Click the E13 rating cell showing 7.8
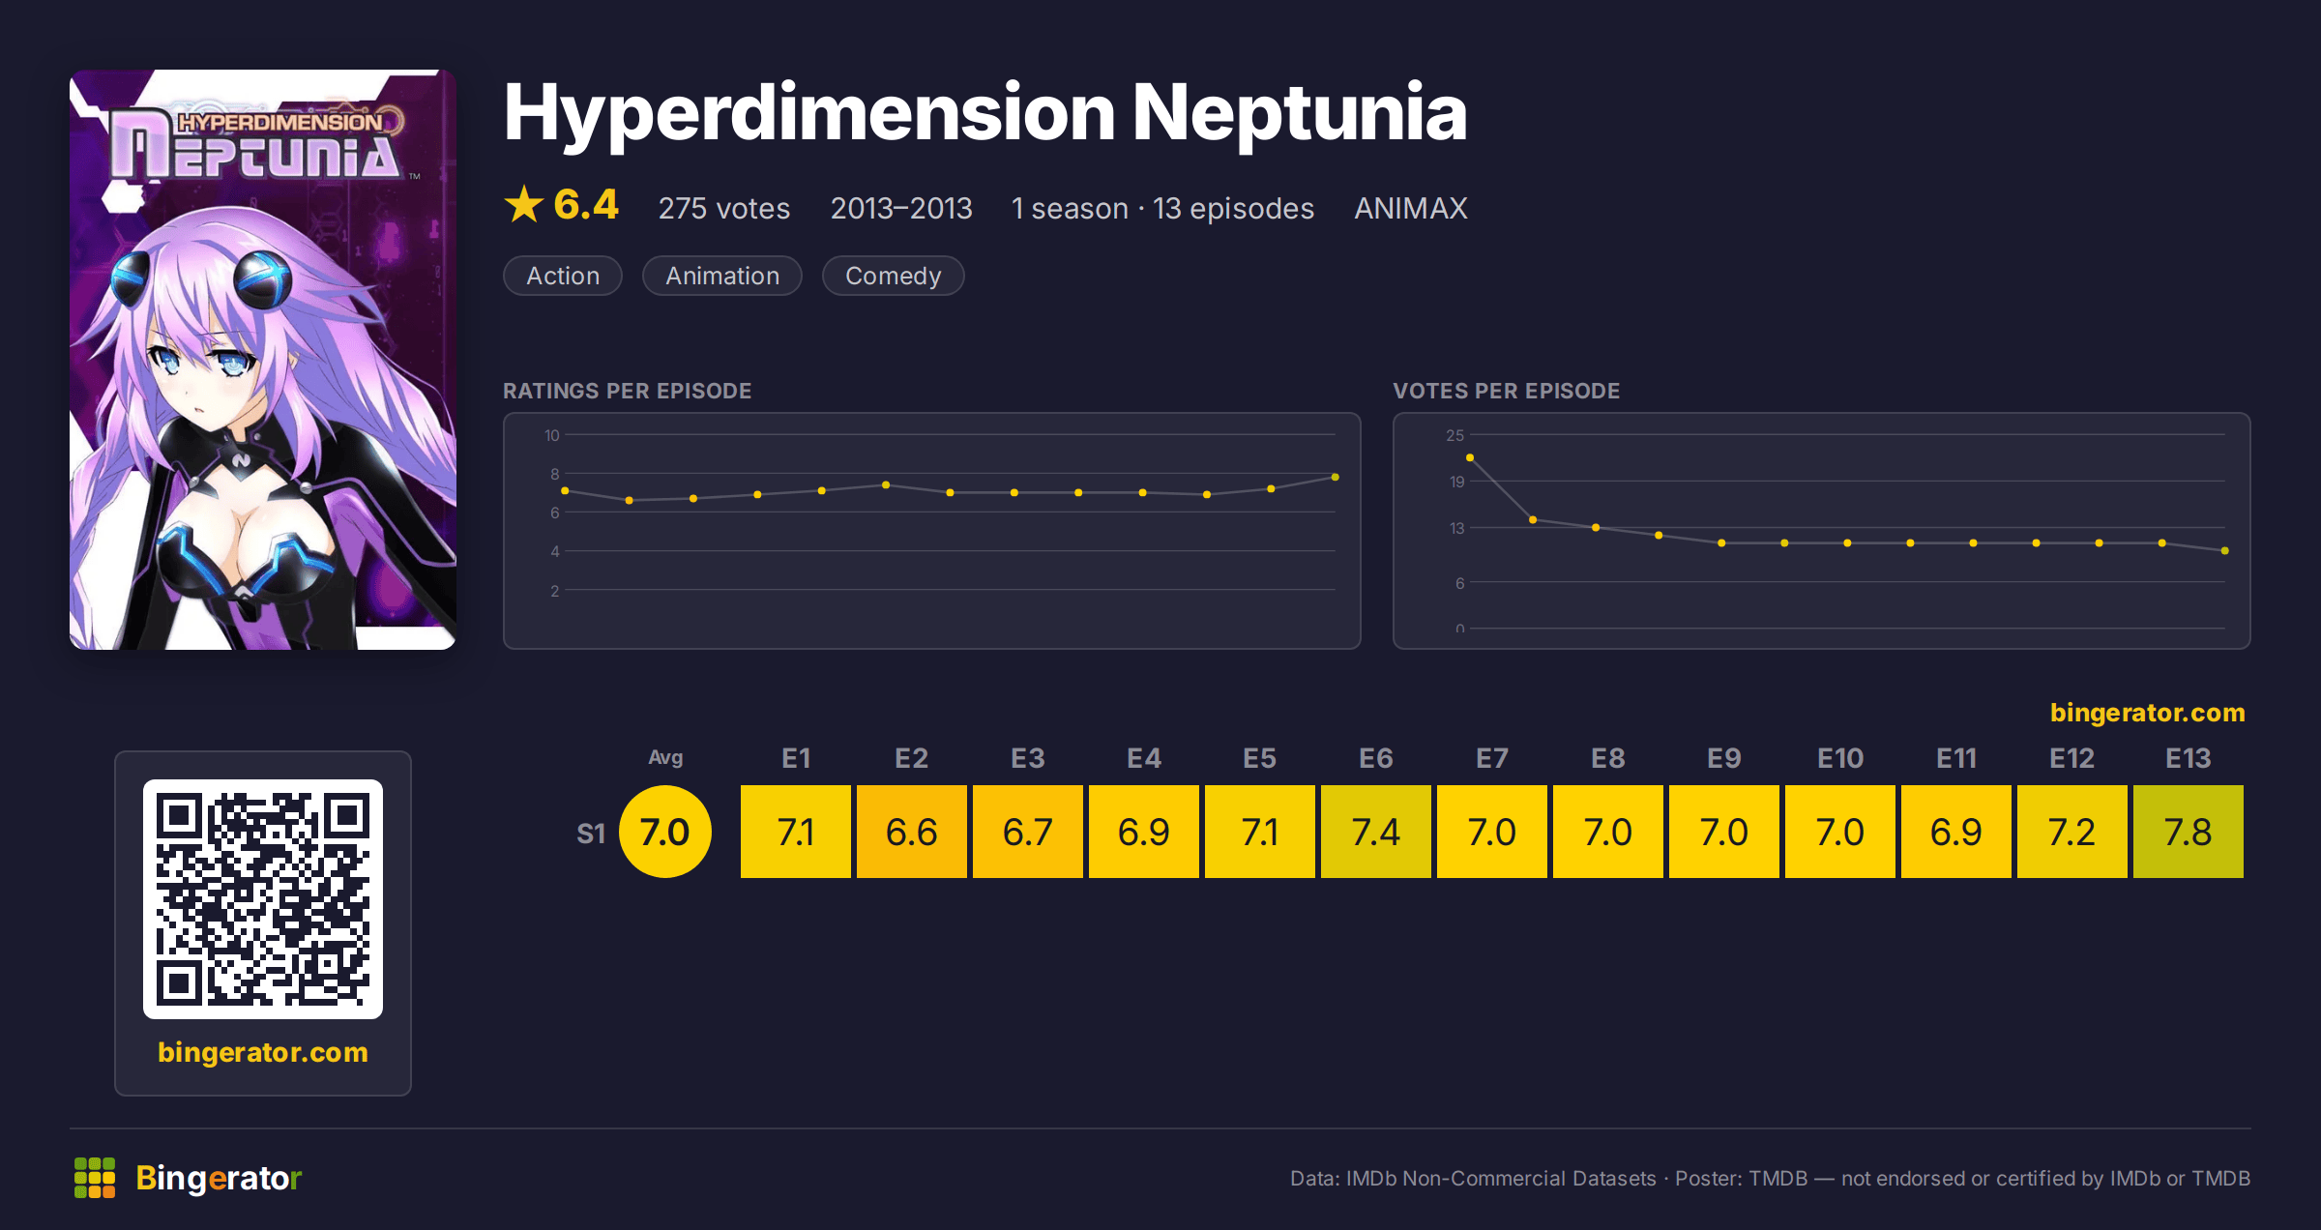coord(2188,832)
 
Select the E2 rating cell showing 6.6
coord(911,832)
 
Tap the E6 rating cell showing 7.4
coord(1375,832)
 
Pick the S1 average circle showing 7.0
coord(665,832)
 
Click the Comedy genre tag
coord(893,276)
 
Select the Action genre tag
coord(563,276)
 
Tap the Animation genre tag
coord(722,276)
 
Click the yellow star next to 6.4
coord(524,204)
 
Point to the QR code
coord(263,899)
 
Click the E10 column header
coord(1839,758)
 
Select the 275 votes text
coord(724,208)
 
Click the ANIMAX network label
coord(1411,208)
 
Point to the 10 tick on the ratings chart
coord(551,435)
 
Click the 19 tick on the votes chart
coord(1456,482)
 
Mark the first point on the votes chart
coord(1470,457)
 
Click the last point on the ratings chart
coord(1335,477)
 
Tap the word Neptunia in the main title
coord(1300,112)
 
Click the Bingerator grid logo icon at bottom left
coord(95,1178)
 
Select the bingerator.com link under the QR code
coord(263,1052)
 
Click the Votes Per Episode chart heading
coord(1506,391)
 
